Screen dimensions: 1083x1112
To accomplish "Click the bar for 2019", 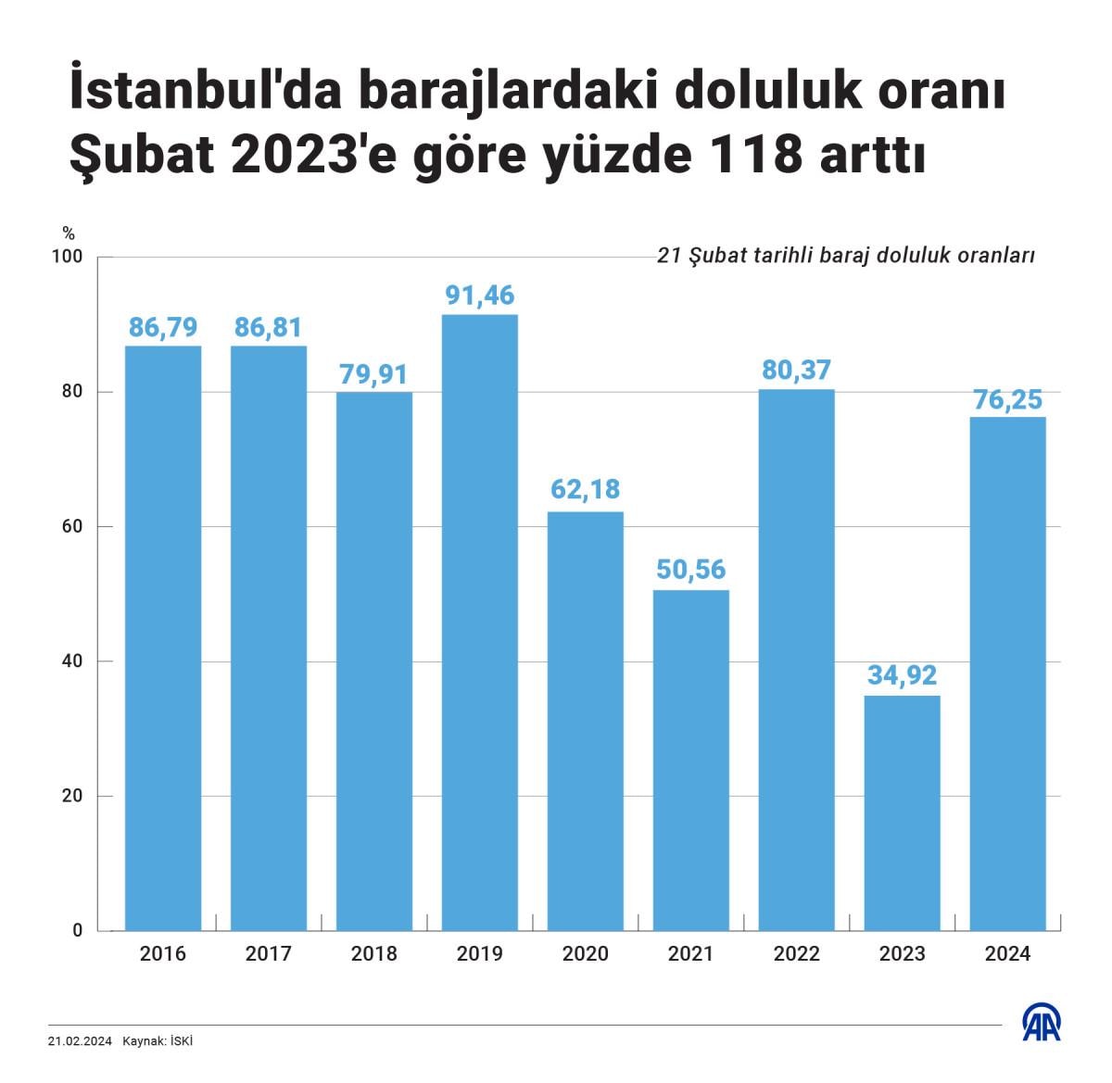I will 479,623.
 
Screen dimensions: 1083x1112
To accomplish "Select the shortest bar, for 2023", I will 902,812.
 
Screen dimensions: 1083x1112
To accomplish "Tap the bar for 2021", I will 690,760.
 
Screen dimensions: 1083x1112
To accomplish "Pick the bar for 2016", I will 163,637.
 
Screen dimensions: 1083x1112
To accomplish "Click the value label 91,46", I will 479,296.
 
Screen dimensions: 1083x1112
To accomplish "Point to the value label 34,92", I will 902,675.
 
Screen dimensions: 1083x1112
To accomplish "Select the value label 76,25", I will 1007,399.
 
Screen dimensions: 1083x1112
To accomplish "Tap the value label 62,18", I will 585,489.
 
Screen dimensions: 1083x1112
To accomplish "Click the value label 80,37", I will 796,370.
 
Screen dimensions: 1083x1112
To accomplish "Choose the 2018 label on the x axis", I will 373,953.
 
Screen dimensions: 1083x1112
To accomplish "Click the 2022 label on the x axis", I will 796,953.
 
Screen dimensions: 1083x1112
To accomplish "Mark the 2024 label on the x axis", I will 1007,953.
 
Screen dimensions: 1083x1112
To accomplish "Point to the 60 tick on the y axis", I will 72,526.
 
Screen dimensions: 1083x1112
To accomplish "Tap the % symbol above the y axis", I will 69,233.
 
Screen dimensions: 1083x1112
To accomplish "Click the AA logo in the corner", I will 1041,1023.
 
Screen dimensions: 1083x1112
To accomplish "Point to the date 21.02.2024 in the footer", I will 80,1041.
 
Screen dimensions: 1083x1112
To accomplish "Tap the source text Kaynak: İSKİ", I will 158,1041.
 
